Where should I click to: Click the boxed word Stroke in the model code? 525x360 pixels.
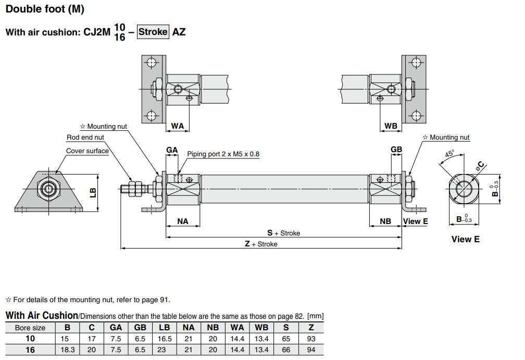click(x=153, y=32)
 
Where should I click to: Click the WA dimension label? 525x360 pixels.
click(x=178, y=126)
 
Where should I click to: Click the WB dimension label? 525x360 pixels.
click(x=391, y=126)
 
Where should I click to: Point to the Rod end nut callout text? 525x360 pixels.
click(x=85, y=138)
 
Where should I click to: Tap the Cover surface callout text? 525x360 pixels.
click(x=87, y=151)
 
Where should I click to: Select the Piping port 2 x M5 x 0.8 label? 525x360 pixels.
click(x=223, y=154)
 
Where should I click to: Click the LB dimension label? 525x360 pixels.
click(x=93, y=192)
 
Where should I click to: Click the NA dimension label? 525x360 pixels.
click(x=183, y=221)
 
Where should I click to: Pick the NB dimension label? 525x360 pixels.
click(x=385, y=221)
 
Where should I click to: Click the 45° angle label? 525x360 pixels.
click(x=449, y=154)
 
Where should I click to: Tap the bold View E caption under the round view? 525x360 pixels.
click(x=465, y=239)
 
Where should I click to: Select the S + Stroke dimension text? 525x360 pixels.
click(x=283, y=233)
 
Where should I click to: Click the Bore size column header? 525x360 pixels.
click(x=30, y=328)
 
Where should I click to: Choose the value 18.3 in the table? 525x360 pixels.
click(x=67, y=350)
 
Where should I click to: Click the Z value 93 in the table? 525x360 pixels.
click(x=311, y=339)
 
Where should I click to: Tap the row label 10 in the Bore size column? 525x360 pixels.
click(x=30, y=339)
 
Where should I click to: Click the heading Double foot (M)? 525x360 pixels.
click(x=44, y=9)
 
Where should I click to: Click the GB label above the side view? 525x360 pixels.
click(x=396, y=150)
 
